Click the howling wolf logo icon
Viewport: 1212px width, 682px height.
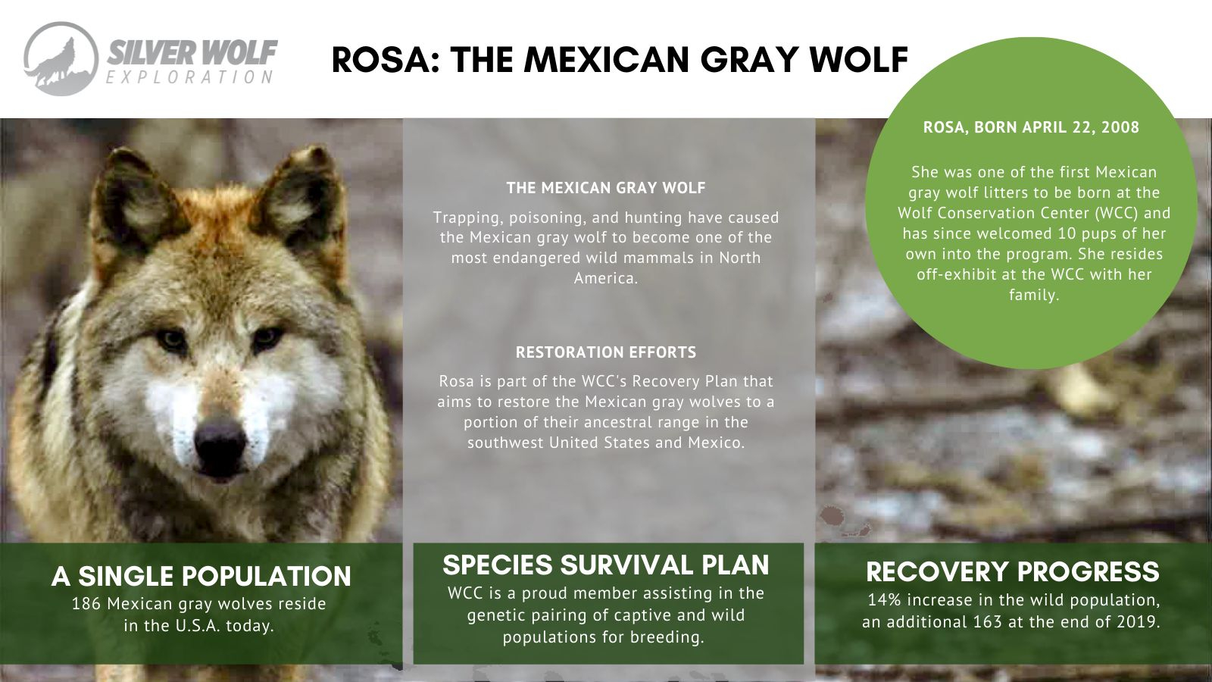[x=61, y=59]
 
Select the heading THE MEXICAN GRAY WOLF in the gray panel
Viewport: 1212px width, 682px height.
[x=606, y=188]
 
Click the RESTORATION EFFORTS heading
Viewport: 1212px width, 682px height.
[x=606, y=352]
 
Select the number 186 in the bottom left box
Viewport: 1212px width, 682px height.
[x=86, y=603]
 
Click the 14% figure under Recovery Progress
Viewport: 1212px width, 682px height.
[x=885, y=599]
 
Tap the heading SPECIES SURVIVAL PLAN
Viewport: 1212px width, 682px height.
[x=606, y=565]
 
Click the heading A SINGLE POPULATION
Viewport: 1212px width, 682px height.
[x=201, y=576]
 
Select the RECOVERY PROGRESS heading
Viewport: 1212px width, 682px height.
[x=1012, y=572]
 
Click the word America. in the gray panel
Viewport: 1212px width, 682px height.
[x=606, y=278]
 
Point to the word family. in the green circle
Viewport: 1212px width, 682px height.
[x=1034, y=295]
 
